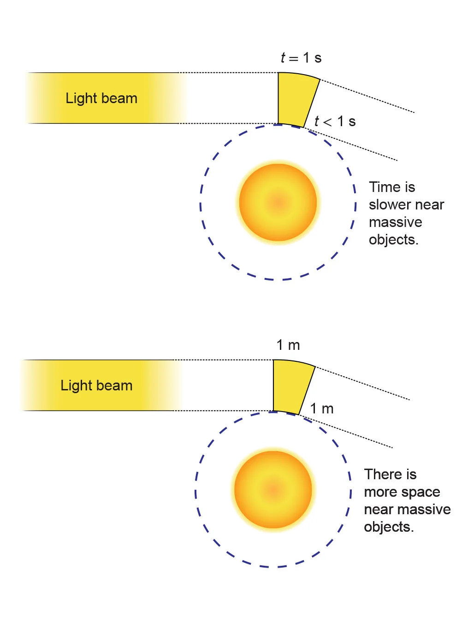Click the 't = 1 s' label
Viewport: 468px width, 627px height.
tap(301, 58)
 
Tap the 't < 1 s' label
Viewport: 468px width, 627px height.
tap(335, 122)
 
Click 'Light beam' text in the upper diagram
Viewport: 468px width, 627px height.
tap(101, 99)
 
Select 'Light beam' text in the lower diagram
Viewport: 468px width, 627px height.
tap(96, 386)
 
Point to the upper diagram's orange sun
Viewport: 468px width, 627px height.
tap(278, 203)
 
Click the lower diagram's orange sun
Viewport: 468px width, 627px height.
tap(273, 490)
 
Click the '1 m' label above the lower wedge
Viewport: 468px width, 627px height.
tap(288, 345)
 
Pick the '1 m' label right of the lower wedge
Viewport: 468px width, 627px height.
tap(321, 409)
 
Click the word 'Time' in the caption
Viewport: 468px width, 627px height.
tap(385, 187)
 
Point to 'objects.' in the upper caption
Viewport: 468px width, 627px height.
tap(393, 240)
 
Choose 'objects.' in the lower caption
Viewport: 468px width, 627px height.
tap(389, 527)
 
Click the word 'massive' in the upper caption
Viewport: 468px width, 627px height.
tap(396, 222)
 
